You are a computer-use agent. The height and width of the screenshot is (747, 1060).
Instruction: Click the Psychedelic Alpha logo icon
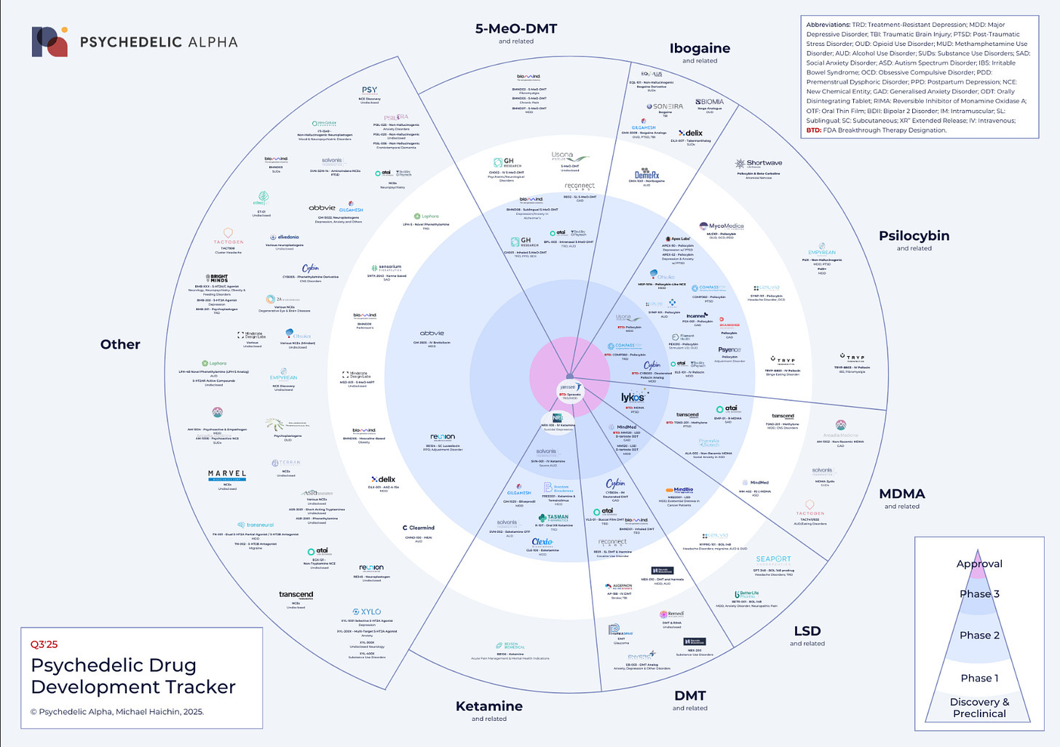[50, 41]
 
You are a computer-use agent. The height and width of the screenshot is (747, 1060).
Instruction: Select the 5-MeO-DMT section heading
[515, 29]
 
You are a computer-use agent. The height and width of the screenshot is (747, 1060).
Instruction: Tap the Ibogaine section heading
[700, 49]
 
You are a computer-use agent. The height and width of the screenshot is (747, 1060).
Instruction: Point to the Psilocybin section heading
[914, 236]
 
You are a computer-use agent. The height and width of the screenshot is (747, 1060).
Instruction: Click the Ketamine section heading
[489, 706]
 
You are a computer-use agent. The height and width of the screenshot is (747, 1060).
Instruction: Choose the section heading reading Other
[120, 344]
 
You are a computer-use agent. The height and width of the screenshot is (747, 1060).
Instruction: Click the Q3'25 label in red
[44, 644]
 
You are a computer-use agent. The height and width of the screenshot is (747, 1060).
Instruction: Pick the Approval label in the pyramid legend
[979, 564]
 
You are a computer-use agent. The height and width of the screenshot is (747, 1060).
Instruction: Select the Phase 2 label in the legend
[979, 636]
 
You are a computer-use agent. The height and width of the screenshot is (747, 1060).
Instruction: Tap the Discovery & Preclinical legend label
[979, 708]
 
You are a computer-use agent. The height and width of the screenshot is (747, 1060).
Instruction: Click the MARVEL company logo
[227, 474]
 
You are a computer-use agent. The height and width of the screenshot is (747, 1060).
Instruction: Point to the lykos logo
[632, 398]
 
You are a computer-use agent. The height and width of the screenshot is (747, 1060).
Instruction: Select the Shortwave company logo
[759, 164]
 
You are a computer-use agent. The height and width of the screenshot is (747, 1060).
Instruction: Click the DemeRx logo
[646, 175]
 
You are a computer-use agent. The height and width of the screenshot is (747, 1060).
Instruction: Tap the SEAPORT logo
[773, 559]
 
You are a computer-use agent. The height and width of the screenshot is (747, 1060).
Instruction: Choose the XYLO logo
[366, 612]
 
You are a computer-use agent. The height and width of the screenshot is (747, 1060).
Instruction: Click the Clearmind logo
[419, 528]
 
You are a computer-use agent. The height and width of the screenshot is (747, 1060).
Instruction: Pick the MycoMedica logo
[721, 226]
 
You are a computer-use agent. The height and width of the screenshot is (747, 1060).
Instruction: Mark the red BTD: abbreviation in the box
[814, 130]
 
